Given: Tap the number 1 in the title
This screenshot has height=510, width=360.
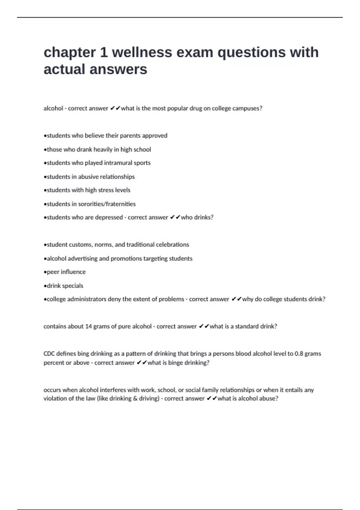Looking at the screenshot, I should click(x=104, y=52).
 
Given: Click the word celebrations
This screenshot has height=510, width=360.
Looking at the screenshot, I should click(x=172, y=244).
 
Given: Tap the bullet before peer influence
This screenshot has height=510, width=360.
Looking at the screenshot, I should click(x=45, y=272).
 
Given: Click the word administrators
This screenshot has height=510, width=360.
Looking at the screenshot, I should click(x=87, y=299).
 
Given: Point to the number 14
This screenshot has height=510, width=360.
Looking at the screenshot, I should click(x=88, y=326).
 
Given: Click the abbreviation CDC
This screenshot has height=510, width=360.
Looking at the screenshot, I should click(x=49, y=354).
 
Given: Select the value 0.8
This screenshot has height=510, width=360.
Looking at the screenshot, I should click(x=299, y=354).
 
